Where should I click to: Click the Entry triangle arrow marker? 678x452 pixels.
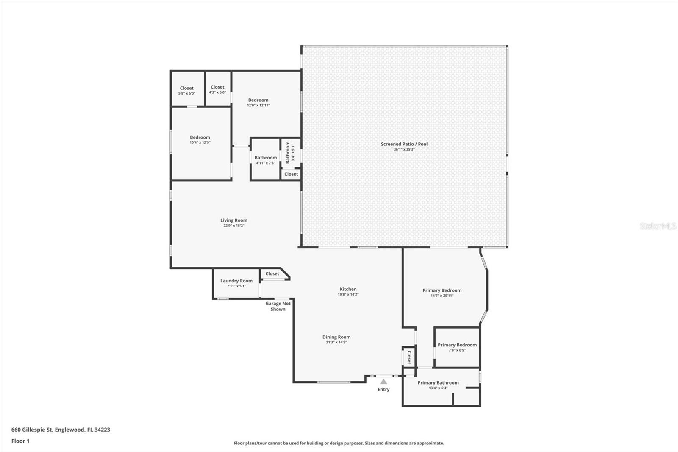[x=383, y=382]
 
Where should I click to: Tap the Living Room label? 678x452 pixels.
[x=233, y=220]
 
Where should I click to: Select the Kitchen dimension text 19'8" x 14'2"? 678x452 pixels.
[x=348, y=294]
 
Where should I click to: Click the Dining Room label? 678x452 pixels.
[x=336, y=337]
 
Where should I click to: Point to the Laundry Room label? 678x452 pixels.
[x=236, y=281]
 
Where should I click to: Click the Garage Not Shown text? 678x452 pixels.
[x=278, y=306]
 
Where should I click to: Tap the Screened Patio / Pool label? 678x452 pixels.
[x=404, y=144]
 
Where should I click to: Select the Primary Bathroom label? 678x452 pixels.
[x=438, y=382]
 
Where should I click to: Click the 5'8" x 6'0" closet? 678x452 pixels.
[x=187, y=89]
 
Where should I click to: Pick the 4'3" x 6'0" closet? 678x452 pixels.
[x=218, y=89]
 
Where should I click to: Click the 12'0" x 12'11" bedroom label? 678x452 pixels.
[x=258, y=100]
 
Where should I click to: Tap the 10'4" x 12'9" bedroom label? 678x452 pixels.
[x=200, y=137]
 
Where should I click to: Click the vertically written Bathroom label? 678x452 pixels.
[x=288, y=152]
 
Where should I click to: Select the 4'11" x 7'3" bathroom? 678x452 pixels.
[x=265, y=160]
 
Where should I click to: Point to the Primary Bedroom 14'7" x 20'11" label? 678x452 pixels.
[x=442, y=290]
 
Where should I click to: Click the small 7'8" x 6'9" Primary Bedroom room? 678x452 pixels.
[x=457, y=347]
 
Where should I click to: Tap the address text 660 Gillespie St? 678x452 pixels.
[x=32, y=430]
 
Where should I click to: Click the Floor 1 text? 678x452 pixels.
[x=21, y=441]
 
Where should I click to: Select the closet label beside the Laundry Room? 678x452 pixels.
[x=272, y=273]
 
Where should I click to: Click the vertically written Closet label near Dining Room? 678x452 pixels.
[x=409, y=357]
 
